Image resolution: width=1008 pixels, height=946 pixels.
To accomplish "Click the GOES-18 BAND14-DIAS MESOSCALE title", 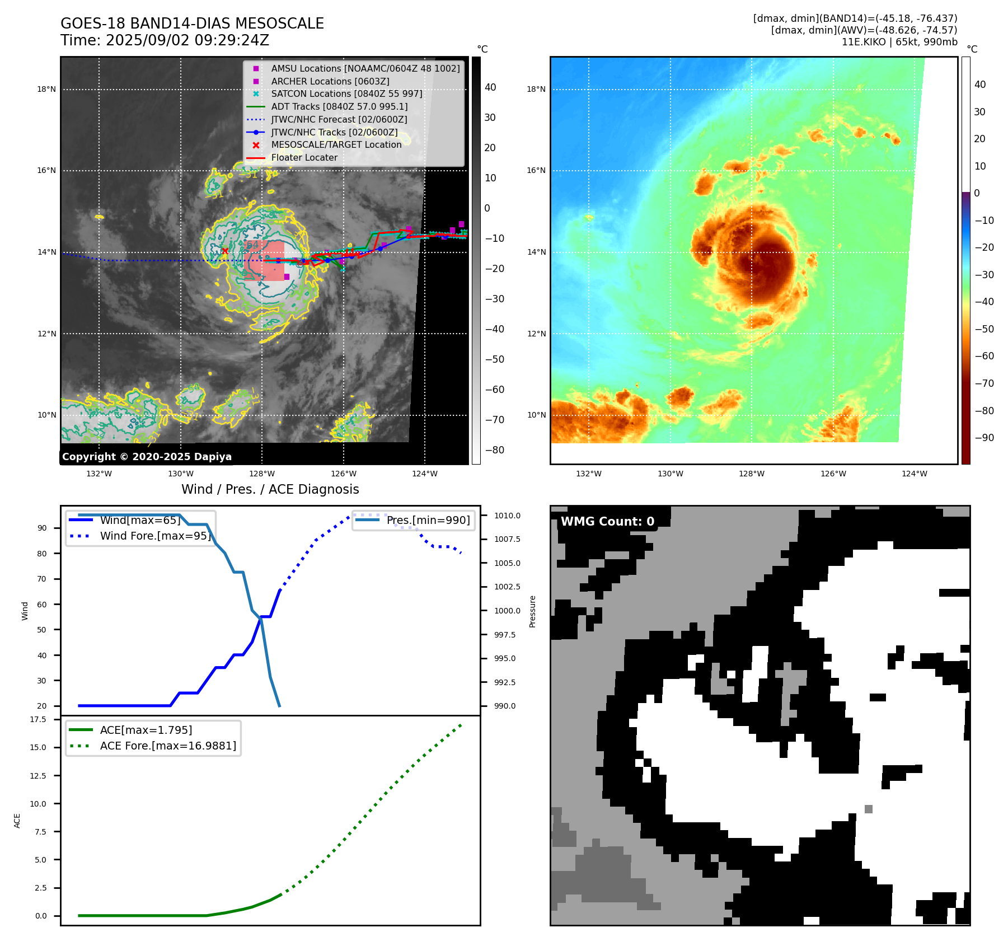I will point(192,24).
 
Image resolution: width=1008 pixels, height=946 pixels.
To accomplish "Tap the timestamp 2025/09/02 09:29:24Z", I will point(187,40).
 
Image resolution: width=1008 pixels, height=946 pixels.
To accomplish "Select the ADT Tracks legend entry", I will point(339,106).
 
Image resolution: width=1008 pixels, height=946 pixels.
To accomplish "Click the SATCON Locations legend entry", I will point(346,93).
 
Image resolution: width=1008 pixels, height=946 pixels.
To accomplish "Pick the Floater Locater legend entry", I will point(304,158).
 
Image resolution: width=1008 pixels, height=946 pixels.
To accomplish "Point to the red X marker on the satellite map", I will point(225,251).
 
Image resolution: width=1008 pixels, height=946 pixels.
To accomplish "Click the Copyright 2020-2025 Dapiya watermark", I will point(147,457).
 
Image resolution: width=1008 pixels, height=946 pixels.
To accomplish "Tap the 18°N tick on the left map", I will point(46,89).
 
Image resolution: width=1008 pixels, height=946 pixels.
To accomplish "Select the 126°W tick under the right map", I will point(833,474).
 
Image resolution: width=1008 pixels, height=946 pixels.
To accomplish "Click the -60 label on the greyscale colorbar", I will point(494,390).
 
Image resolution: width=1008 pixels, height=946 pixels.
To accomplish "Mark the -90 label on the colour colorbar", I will point(984,438).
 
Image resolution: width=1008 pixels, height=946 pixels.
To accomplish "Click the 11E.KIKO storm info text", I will point(899,42).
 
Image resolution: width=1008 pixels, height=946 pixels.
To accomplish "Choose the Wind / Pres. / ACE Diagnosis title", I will point(270,489).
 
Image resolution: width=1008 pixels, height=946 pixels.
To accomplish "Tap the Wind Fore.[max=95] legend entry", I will point(155,536).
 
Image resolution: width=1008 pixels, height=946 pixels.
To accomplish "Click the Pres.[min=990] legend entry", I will point(428,520).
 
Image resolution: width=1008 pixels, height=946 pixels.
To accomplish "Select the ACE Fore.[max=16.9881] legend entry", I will point(168,746).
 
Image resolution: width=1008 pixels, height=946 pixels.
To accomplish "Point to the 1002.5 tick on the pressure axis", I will point(507,587).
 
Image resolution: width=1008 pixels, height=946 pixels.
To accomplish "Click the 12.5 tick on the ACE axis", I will point(38,775).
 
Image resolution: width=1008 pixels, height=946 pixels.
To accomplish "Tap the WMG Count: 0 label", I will point(607,522).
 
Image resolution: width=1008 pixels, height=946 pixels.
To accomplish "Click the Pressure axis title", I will point(532,611).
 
